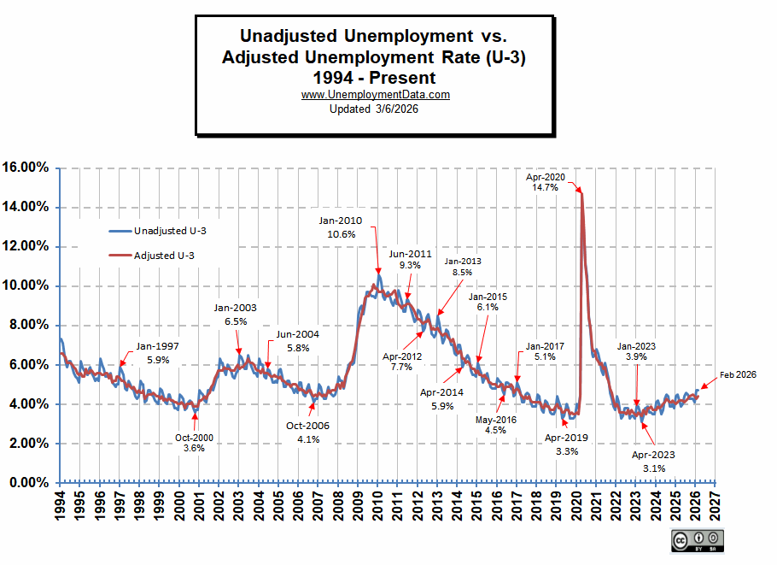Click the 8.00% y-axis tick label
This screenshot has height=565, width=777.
pyautogui.click(x=29, y=325)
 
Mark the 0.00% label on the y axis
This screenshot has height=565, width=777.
pyautogui.click(x=29, y=483)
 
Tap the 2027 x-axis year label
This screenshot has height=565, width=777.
pyautogui.click(x=713, y=509)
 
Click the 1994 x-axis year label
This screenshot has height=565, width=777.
pyautogui.click(x=60, y=509)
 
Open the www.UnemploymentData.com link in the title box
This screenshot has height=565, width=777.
pyautogui.click(x=376, y=95)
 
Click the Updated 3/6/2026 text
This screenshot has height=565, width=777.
pyautogui.click(x=375, y=108)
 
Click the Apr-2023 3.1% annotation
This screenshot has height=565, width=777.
pyautogui.click(x=648, y=462)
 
